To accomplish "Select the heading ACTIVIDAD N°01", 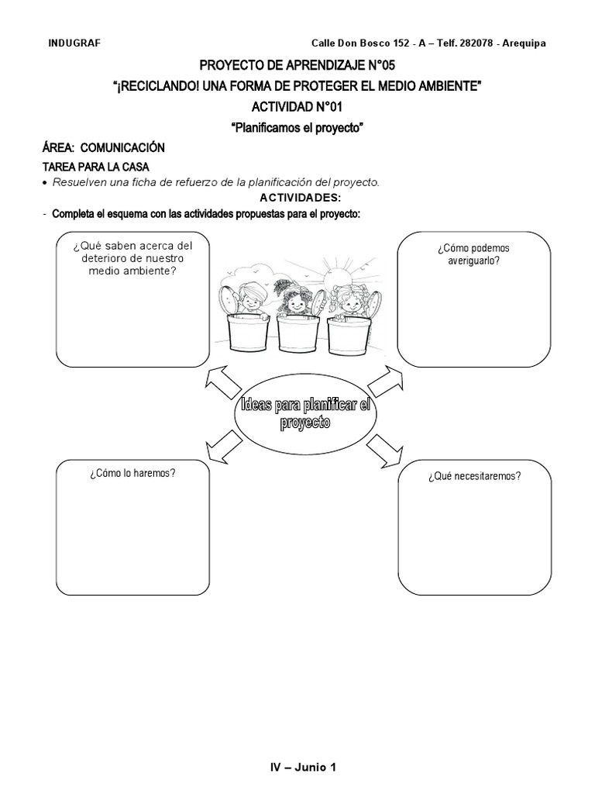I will coord(297,106).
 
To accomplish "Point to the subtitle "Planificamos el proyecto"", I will coord(297,127).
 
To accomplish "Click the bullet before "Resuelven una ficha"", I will coord(45,183).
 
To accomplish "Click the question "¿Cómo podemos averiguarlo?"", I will coord(473,254).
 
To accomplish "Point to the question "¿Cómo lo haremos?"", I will coord(131,471).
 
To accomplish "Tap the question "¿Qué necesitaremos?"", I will coord(473,476).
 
